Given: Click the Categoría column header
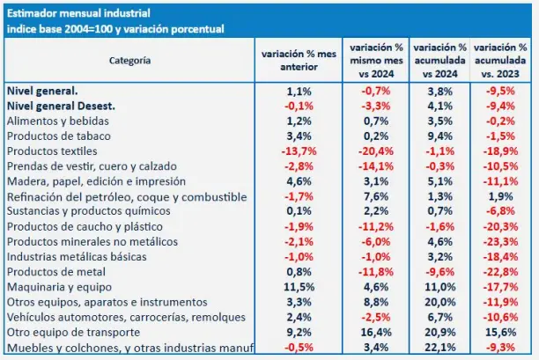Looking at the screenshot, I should click(x=129, y=61).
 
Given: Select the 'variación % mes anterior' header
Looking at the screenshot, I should click(x=299, y=61).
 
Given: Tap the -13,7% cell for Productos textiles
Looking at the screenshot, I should click(x=299, y=151).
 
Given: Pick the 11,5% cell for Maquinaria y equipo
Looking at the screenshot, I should click(x=299, y=287).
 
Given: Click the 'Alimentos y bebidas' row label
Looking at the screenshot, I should click(x=55, y=120).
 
